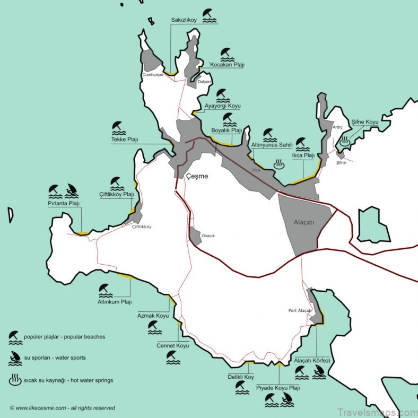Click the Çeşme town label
coord(197,176)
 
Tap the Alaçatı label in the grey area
coord(304,222)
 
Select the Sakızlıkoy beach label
coord(184,20)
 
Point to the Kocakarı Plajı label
coord(227,65)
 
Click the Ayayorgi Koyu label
coord(223,106)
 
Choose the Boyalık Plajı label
coord(227,130)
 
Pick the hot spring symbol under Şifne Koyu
coord(345,141)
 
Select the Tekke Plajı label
coord(125,140)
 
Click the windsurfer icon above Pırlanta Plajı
coord(72,190)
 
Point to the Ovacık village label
coord(208,236)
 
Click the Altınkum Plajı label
coord(115,302)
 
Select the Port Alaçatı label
coord(300,311)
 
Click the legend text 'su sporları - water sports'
coord(55,358)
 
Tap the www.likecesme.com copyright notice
coord(62,408)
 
